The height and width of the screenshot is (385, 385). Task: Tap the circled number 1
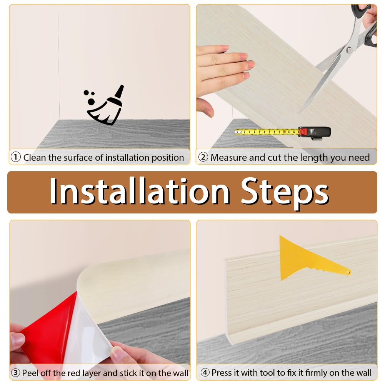point(16,157)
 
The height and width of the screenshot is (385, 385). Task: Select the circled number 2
point(203,157)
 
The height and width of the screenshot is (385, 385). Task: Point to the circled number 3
point(15,373)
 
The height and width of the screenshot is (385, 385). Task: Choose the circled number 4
point(205,372)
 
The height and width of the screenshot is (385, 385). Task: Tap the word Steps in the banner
point(285,193)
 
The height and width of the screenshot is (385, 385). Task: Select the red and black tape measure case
point(315,133)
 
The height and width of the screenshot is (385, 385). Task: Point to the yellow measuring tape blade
point(267,132)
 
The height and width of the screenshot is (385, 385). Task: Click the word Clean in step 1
point(35,157)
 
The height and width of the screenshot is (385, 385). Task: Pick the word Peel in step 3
point(30,373)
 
